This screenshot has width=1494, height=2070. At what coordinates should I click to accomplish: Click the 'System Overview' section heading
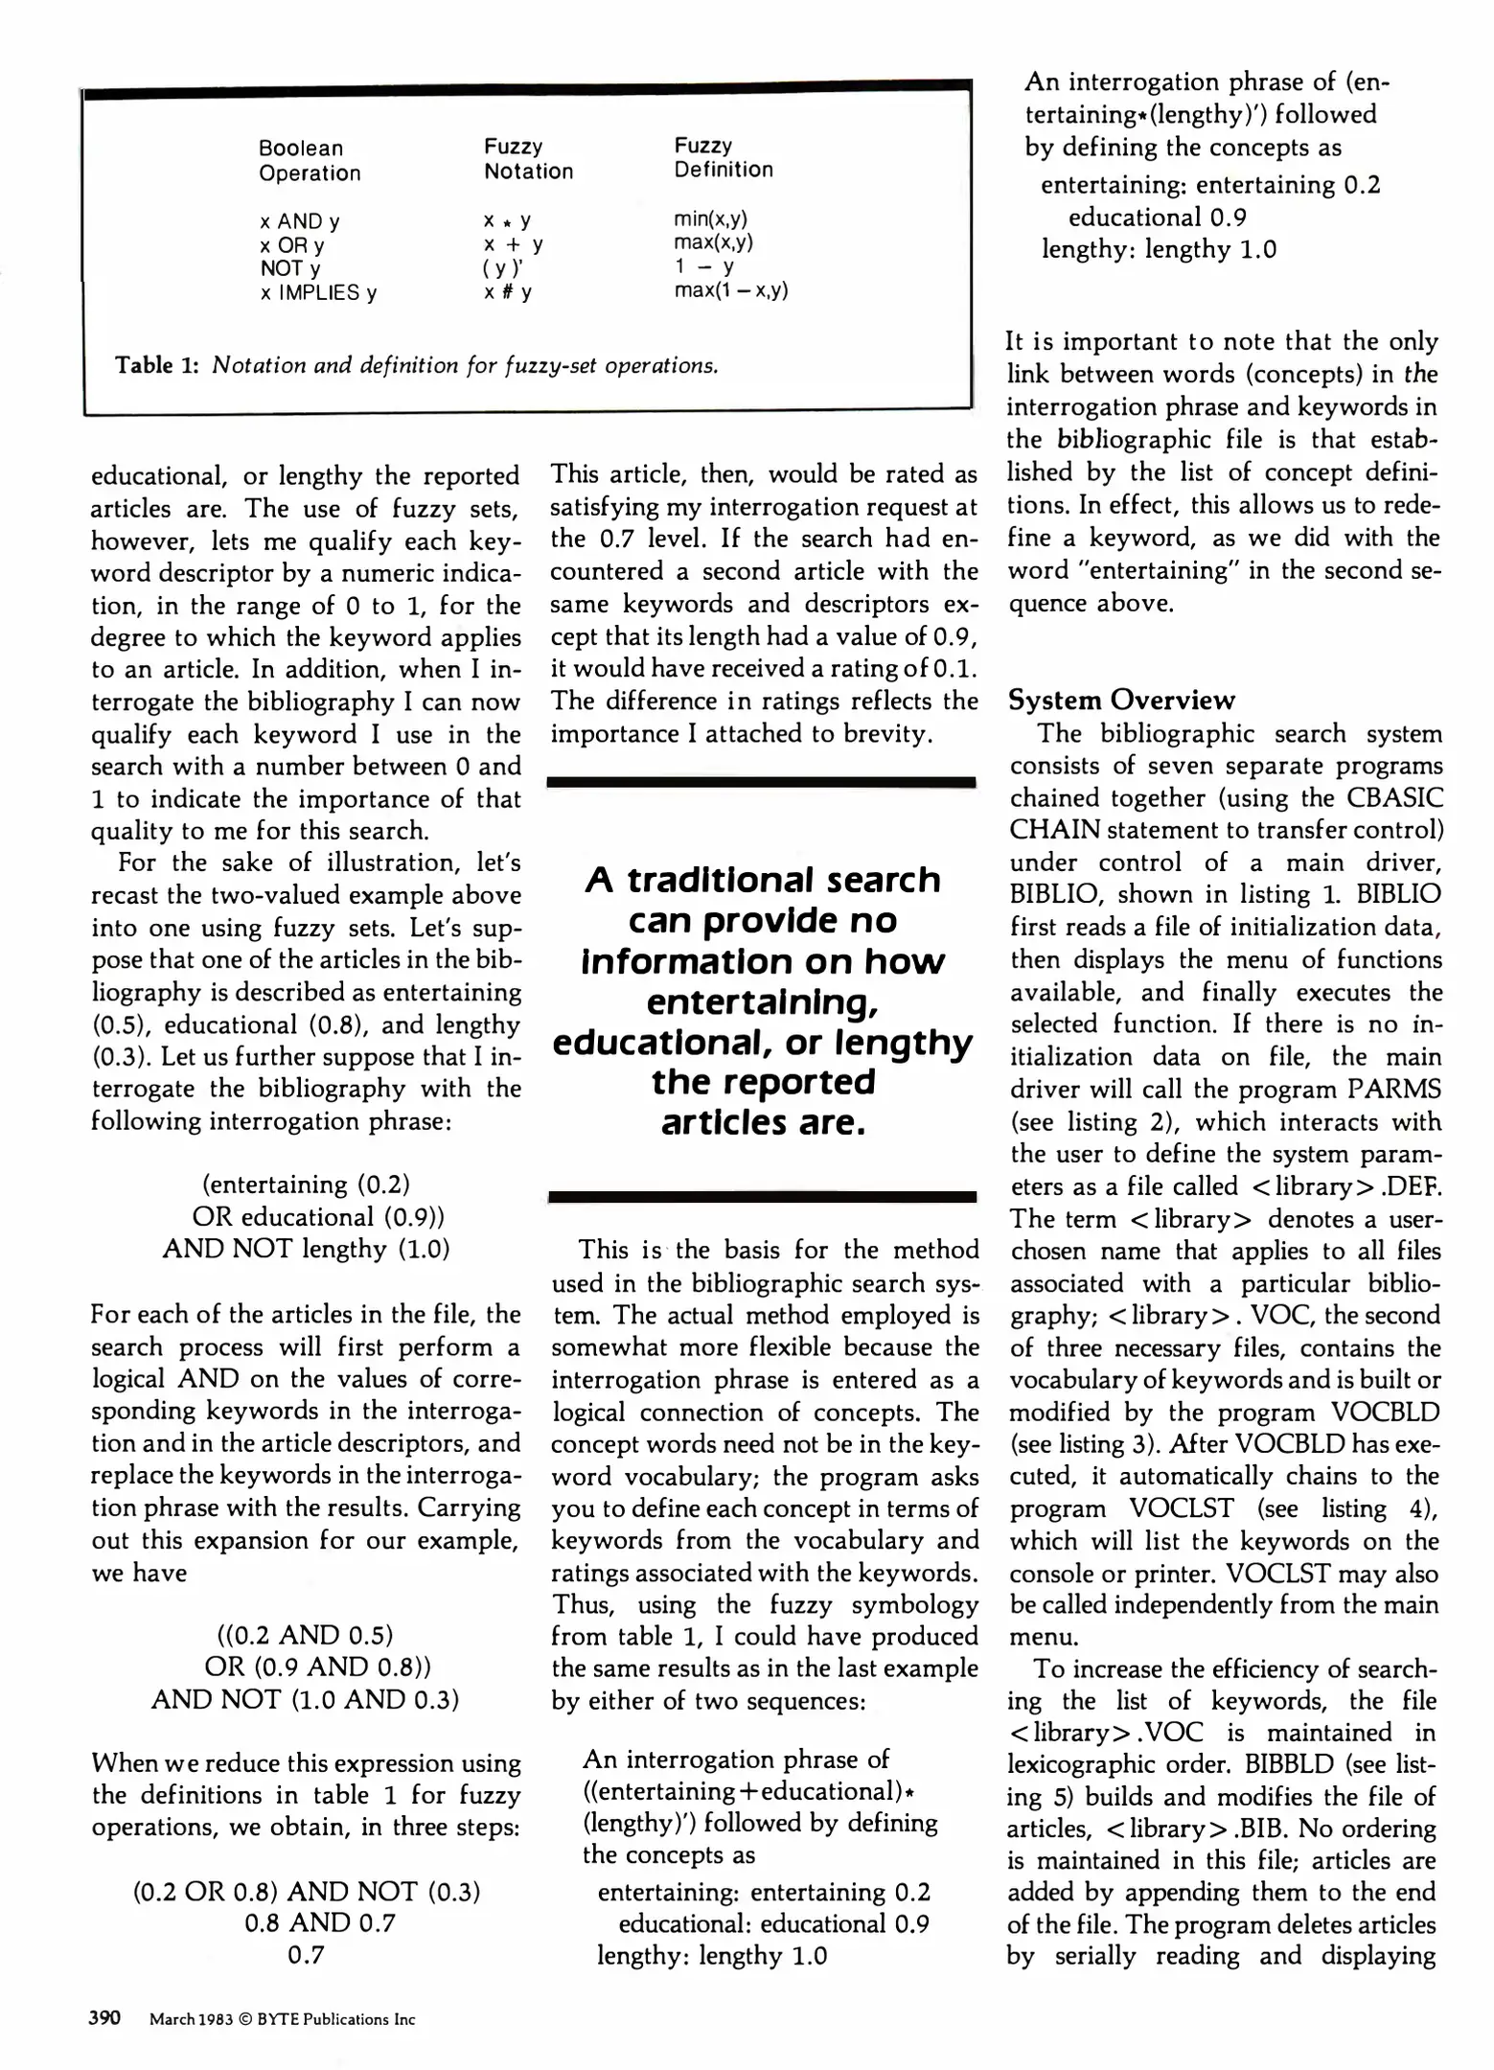click(1121, 700)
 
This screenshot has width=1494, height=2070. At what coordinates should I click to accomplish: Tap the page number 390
click(104, 2017)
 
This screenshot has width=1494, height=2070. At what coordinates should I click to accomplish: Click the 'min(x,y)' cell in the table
click(710, 218)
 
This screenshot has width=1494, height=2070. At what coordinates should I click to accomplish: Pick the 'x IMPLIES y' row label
click(318, 293)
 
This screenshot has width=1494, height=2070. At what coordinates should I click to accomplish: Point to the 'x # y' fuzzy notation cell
click(507, 291)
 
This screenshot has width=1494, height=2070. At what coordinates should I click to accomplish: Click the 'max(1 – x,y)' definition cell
click(730, 289)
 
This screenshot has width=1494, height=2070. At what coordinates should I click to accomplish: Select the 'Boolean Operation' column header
click(310, 161)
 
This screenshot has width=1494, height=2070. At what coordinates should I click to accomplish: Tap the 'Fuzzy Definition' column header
click(723, 158)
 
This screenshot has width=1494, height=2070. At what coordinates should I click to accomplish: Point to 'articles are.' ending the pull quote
click(763, 1122)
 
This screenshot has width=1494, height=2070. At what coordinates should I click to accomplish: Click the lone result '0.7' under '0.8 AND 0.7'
click(307, 1955)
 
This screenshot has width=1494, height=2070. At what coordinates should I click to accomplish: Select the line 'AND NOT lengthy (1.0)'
click(306, 1249)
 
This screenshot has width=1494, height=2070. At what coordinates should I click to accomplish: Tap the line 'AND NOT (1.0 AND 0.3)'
click(305, 1699)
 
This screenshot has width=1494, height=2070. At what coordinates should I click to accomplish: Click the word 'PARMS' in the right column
click(1394, 1090)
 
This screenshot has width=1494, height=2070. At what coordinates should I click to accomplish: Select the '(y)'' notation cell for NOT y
click(502, 268)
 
